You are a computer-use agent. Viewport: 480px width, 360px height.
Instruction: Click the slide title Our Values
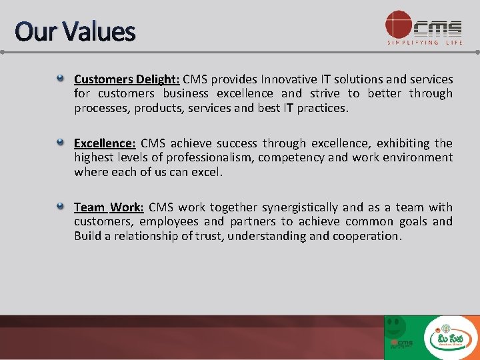coord(75,31)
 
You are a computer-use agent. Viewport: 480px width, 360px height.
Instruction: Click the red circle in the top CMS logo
coord(399,24)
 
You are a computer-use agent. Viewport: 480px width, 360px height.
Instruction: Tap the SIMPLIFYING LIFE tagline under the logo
coord(425,43)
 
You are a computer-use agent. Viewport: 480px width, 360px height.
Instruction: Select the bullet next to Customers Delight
coord(60,79)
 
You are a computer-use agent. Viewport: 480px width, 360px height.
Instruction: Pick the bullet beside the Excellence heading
coord(60,142)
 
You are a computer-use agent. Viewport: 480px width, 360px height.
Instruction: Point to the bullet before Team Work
coord(60,206)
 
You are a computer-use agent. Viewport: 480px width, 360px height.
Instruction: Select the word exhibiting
coord(403,143)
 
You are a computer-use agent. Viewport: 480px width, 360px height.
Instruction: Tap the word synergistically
coord(300,207)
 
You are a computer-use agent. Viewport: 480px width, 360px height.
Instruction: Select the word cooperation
coord(367,236)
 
